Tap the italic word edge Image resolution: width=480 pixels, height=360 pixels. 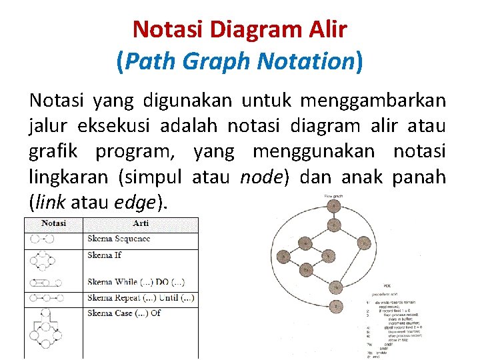(x=138, y=202)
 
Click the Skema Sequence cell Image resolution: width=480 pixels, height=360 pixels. (x=119, y=239)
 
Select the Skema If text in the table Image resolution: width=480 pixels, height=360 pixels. (x=104, y=255)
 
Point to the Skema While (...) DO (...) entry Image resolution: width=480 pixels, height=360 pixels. (x=136, y=283)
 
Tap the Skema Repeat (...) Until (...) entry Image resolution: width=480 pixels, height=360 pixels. (x=141, y=297)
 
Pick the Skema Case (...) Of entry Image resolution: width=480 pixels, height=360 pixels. (x=124, y=313)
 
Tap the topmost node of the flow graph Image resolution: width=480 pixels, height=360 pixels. (x=333, y=206)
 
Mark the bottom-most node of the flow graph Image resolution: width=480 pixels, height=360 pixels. (x=337, y=306)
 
